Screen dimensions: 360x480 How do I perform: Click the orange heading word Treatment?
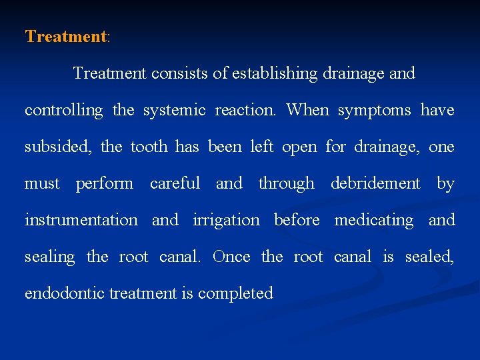point(65,36)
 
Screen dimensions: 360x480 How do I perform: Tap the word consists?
point(179,73)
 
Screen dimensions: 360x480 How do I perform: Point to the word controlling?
point(64,110)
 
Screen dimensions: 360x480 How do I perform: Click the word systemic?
point(174,110)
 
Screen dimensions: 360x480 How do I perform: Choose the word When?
point(307,110)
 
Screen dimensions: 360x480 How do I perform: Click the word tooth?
point(151,147)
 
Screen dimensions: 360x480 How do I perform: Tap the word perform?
point(104,183)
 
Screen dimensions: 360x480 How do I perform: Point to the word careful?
point(175,183)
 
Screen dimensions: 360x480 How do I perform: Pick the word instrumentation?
point(81,220)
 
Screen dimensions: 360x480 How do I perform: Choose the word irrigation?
point(226,220)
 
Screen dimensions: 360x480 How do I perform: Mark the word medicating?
point(373,220)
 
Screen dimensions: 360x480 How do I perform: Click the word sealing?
point(50,257)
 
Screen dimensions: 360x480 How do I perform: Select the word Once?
point(232,257)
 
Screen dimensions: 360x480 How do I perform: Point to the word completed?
point(235,294)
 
